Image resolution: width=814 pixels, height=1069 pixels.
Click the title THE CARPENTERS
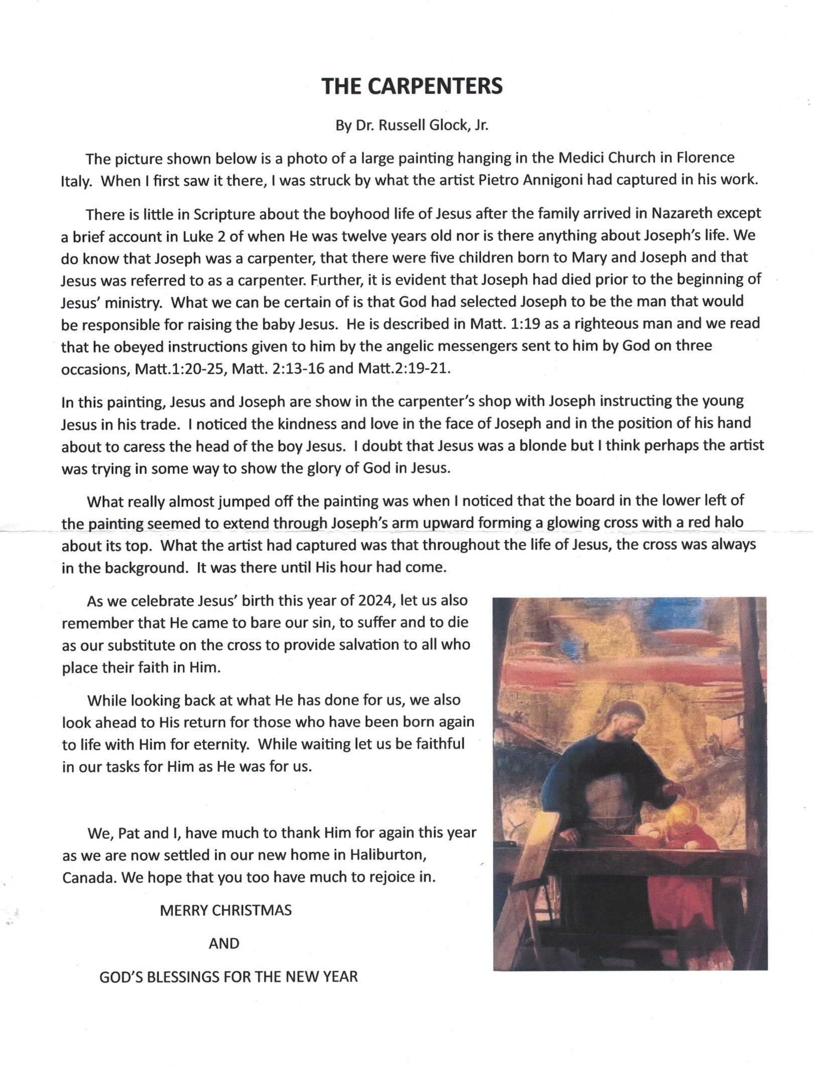click(412, 86)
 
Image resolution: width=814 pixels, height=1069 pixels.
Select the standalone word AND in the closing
click(224, 944)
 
